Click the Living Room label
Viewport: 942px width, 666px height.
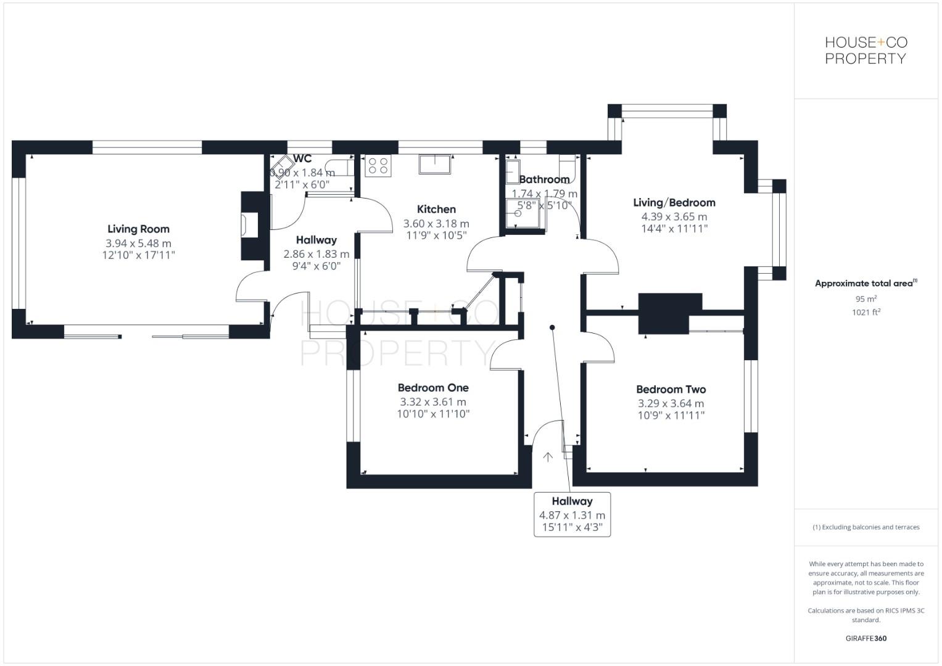(x=138, y=229)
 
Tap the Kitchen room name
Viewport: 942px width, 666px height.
(x=436, y=210)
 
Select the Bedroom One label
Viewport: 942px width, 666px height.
(x=433, y=388)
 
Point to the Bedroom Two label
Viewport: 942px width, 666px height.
(x=671, y=390)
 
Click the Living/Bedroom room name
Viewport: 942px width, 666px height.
(x=674, y=203)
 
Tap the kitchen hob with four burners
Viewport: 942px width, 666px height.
(x=378, y=166)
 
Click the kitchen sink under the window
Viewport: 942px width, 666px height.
(x=436, y=165)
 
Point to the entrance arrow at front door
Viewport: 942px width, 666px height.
(x=547, y=457)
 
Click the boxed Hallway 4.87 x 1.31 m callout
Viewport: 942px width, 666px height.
(x=572, y=514)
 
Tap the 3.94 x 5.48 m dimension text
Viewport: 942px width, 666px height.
(x=138, y=244)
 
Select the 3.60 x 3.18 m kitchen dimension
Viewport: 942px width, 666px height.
(x=436, y=224)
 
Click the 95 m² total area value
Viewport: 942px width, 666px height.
(x=866, y=299)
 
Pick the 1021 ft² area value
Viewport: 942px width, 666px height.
(x=866, y=313)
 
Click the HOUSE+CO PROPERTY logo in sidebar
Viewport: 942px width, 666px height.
(x=866, y=51)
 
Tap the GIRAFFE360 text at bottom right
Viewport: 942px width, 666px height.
(x=866, y=638)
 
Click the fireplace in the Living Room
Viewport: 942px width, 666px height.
(x=250, y=226)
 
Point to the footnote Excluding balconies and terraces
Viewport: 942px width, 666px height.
(x=866, y=527)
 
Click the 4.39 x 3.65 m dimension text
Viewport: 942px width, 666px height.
(x=674, y=216)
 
